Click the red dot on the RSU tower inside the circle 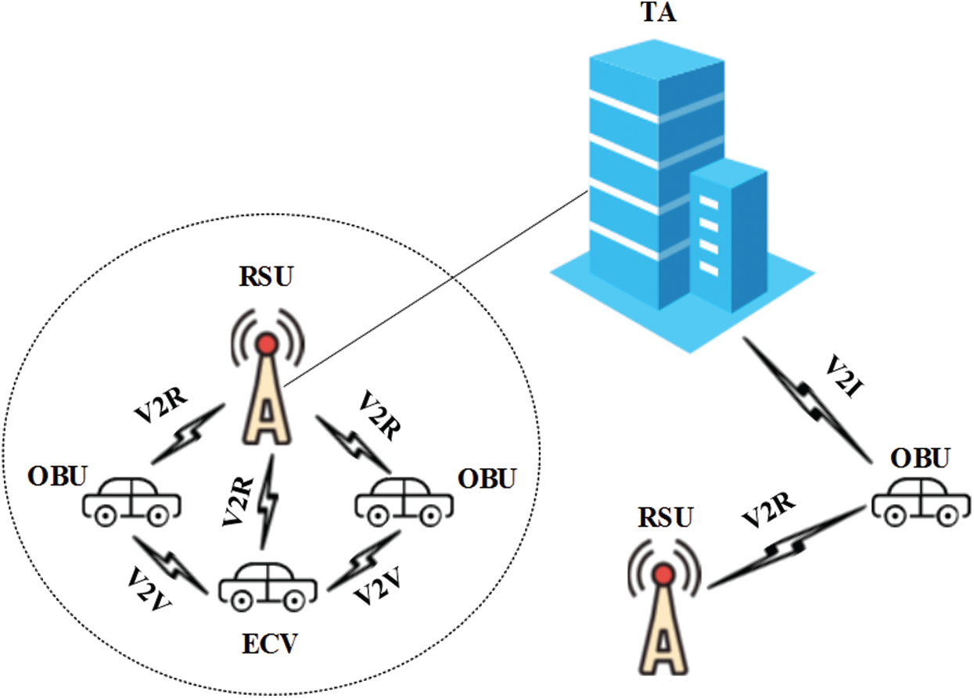pos(268,343)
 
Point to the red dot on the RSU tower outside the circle pos(664,576)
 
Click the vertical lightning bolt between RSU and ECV pos(268,500)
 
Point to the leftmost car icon pos(131,500)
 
